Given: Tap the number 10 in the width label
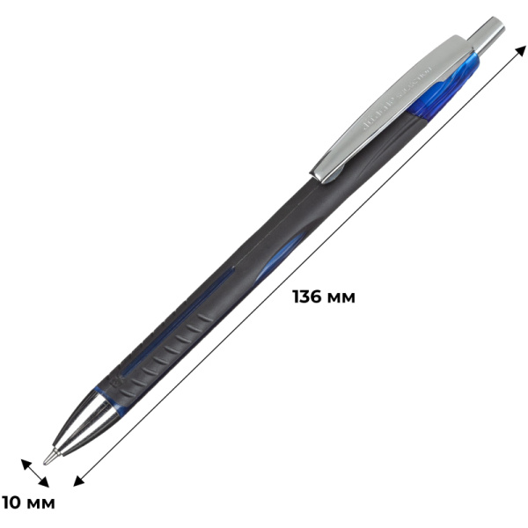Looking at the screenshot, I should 15,503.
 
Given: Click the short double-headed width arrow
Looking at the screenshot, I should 36,472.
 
